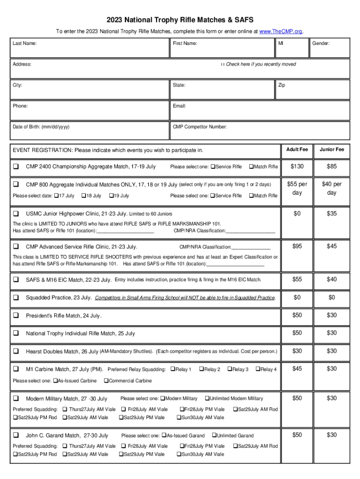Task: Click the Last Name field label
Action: pyautogui.click(x=25, y=44)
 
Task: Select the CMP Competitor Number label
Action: pyautogui.click(x=200, y=127)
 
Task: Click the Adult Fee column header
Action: pyautogui.click(x=297, y=150)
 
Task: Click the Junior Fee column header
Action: pyautogui.click(x=331, y=150)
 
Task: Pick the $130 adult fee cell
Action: pyautogui.click(x=297, y=167)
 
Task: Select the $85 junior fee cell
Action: pyautogui.click(x=331, y=167)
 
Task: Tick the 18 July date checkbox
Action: pyautogui.click(x=84, y=196)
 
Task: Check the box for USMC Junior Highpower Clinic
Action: pyautogui.click(x=16, y=213)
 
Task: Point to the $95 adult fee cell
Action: pyautogui.click(x=297, y=246)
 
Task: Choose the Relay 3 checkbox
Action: pyautogui.click(x=230, y=370)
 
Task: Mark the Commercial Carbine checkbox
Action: pyautogui.click(x=106, y=381)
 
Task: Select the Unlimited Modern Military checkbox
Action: pyautogui.click(x=207, y=399)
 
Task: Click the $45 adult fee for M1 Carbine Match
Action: pyautogui.click(x=297, y=369)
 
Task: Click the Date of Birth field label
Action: pyautogui.click(x=42, y=127)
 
